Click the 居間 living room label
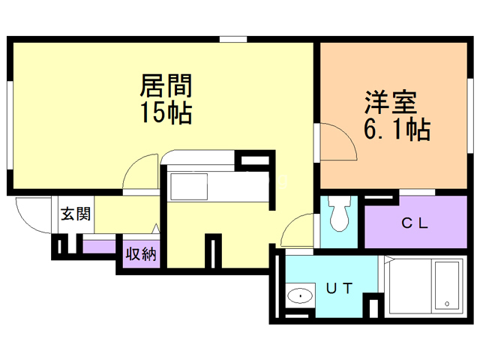165,85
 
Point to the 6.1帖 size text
396,130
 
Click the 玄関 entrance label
76,214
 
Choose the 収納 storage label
141,253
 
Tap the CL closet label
413,223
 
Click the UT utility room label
339,286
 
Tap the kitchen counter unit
217,186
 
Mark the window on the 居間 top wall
233,38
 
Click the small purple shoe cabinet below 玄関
99,246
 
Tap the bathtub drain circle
447,304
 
